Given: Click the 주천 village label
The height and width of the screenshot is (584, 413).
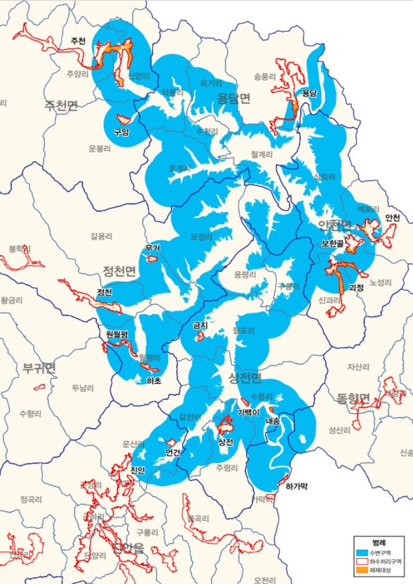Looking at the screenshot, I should click(77, 41).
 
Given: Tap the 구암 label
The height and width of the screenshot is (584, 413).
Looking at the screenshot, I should click(122, 132).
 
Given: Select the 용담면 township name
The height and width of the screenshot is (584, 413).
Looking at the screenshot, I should click(234, 98).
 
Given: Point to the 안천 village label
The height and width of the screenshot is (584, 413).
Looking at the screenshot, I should click(393, 218).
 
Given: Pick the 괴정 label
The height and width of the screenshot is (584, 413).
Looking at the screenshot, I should click(356, 287).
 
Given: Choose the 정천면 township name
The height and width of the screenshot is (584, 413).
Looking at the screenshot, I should click(119, 271).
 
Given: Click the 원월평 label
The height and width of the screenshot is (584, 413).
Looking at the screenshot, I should click(116, 334).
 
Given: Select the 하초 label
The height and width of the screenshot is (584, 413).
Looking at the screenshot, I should click(154, 381).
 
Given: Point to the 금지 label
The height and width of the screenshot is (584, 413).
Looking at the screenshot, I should click(201, 326).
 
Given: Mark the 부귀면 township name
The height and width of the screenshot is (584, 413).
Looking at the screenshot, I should click(39, 368).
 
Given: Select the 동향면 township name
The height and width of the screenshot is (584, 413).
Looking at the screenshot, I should click(353, 398).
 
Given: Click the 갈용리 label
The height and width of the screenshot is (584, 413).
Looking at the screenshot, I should click(101, 236).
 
